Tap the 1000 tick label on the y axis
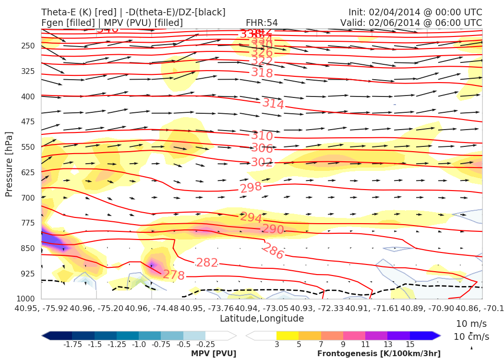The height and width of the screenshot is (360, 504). pos(26,299)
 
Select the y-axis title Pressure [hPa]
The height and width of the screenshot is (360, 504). pos(9,164)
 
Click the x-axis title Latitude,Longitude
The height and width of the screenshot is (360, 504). pos(262,319)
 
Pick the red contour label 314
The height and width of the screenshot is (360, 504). pos(273,103)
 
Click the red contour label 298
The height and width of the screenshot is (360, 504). pos(251,187)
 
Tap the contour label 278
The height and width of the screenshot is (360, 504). pos(174,275)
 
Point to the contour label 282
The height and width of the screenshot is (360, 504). pos(207,263)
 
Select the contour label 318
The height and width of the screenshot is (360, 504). pos(262,73)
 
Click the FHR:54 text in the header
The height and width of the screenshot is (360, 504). pos(262,23)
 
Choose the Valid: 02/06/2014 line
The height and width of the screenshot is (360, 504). pos(411,23)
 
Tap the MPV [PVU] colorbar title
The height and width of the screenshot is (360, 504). pos(214,354)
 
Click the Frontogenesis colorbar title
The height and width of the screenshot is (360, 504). pos(379,354)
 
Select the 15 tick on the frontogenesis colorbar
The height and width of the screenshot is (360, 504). pos(409,345)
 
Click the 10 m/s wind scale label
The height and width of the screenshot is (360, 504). pos(469,323)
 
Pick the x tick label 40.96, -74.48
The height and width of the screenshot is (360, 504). pos(152,308)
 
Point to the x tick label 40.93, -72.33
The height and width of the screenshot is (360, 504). pos(317,308)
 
